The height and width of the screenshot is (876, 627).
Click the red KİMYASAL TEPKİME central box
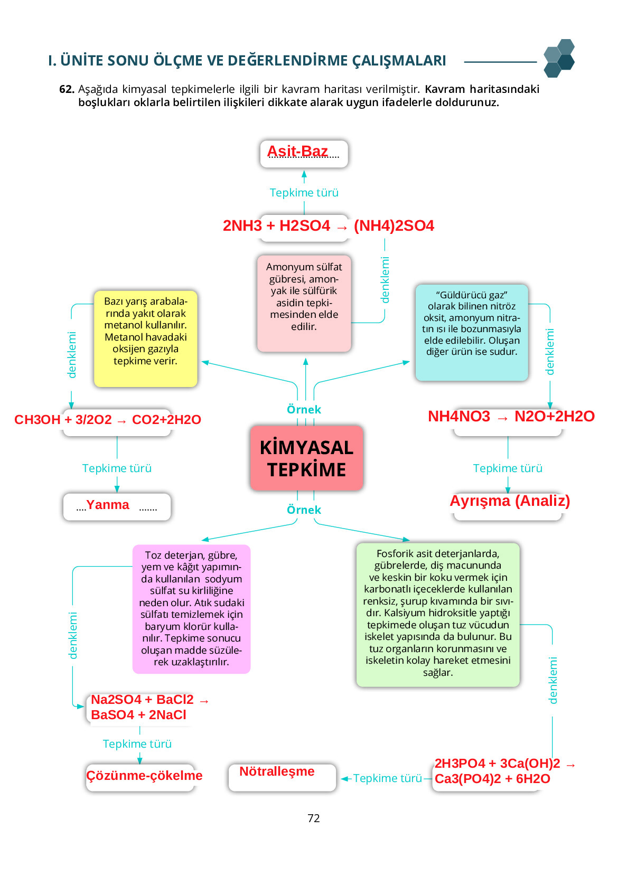(306, 458)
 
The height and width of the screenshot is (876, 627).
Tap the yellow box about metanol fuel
(145, 338)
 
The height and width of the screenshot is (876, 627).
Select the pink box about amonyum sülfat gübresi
(304, 303)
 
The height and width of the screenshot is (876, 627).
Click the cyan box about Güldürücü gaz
(471, 332)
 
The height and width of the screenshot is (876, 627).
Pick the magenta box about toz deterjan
(191, 608)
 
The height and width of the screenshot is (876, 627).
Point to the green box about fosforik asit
(438, 614)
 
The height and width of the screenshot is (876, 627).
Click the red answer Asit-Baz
(297, 152)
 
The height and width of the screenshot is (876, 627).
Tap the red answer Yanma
(108, 505)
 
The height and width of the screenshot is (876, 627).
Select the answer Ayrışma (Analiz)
(510, 501)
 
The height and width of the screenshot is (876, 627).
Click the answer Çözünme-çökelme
(144, 775)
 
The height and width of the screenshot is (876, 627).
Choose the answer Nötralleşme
(277, 771)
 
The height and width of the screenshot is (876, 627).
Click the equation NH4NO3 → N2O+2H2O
(511, 416)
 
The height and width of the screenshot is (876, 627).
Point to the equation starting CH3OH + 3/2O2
(108, 420)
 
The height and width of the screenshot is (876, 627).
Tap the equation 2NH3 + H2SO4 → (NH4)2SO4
(328, 226)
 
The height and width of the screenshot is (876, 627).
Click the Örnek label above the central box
(304, 410)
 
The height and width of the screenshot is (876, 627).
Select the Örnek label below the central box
(304, 510)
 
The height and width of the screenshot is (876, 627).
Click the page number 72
(314, 818)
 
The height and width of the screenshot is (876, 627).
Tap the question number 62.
(67, 89)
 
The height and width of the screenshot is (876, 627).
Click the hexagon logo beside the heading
(559, 59)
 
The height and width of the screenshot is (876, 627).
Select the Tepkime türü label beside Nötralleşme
(387, 778)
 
